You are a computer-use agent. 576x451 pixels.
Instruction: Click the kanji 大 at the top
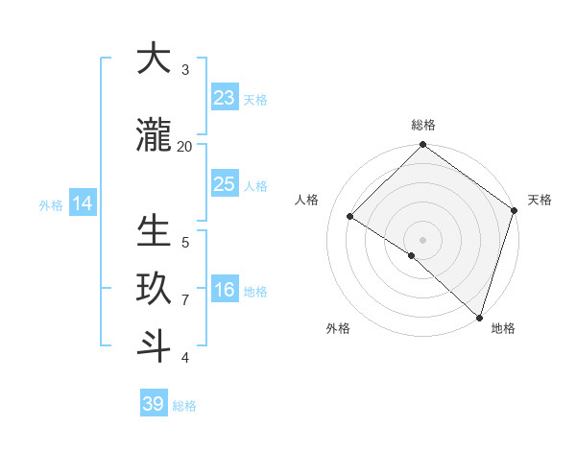click(x=154, y=59)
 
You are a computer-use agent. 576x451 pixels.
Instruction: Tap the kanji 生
click(x=154, y=231)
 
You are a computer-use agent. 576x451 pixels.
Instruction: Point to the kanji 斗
click(x=154, y=346)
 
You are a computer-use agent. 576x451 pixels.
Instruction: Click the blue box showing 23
click(x=225, y=98)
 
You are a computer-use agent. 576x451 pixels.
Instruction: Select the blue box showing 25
click(x=225, y=184)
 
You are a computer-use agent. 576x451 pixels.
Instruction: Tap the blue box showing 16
click(x=225, y=290)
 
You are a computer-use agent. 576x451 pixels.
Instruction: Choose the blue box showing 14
click(x=83, y=203)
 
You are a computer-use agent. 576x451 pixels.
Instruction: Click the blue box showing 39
click(x=154, y=404)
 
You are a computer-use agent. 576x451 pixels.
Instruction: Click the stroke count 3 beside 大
click(x=185, y=70)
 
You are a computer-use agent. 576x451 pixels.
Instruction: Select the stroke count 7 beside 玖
click(x=185, y=300)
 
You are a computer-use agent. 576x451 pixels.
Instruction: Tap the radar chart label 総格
click(x=422, y=125)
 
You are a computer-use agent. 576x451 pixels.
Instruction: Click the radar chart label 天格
click(x=540, y=200)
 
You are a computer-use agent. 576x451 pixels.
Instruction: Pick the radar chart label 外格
click(x=338, y=328)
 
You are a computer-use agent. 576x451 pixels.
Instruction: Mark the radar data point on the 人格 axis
click(x=350, y=217)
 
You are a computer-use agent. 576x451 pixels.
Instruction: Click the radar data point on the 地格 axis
click(x=479, y=318)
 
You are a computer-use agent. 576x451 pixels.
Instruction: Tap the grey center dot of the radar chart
click(x=422, y=239)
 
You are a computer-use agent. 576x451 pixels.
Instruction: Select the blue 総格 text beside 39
click(x=184, y=406)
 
